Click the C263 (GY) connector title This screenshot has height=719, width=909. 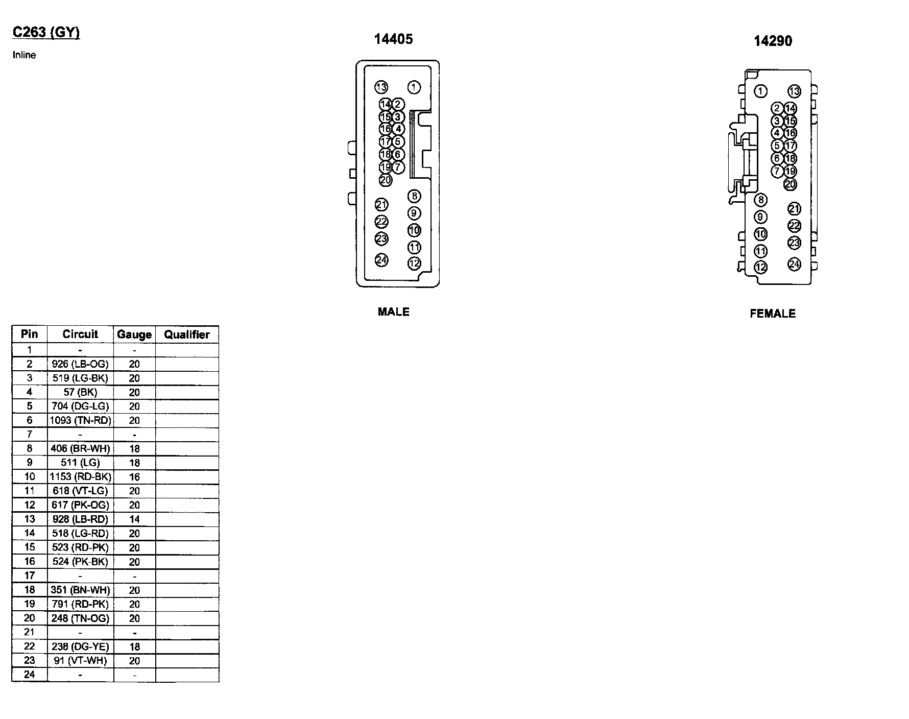46,33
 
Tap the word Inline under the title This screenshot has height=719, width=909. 24,55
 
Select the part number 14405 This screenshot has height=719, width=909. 393,39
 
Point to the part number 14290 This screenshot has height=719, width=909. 773,41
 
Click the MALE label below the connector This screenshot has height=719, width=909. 393,311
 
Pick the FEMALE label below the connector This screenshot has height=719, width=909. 772,314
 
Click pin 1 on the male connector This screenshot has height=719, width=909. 414,87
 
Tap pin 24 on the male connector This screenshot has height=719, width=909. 381,260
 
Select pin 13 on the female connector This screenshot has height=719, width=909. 794,91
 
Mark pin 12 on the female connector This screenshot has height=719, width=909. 760,267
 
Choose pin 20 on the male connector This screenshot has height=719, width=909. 385,180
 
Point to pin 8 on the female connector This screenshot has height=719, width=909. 760,200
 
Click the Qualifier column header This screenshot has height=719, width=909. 187,334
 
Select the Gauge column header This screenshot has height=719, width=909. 134,334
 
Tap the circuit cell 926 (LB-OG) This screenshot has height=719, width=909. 80,364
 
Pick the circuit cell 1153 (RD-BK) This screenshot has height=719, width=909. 80,477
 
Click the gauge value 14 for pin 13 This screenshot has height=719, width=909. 134,519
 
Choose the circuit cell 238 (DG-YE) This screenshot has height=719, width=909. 80,646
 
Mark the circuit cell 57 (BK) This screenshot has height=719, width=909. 80,392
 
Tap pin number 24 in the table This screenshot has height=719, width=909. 30,675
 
